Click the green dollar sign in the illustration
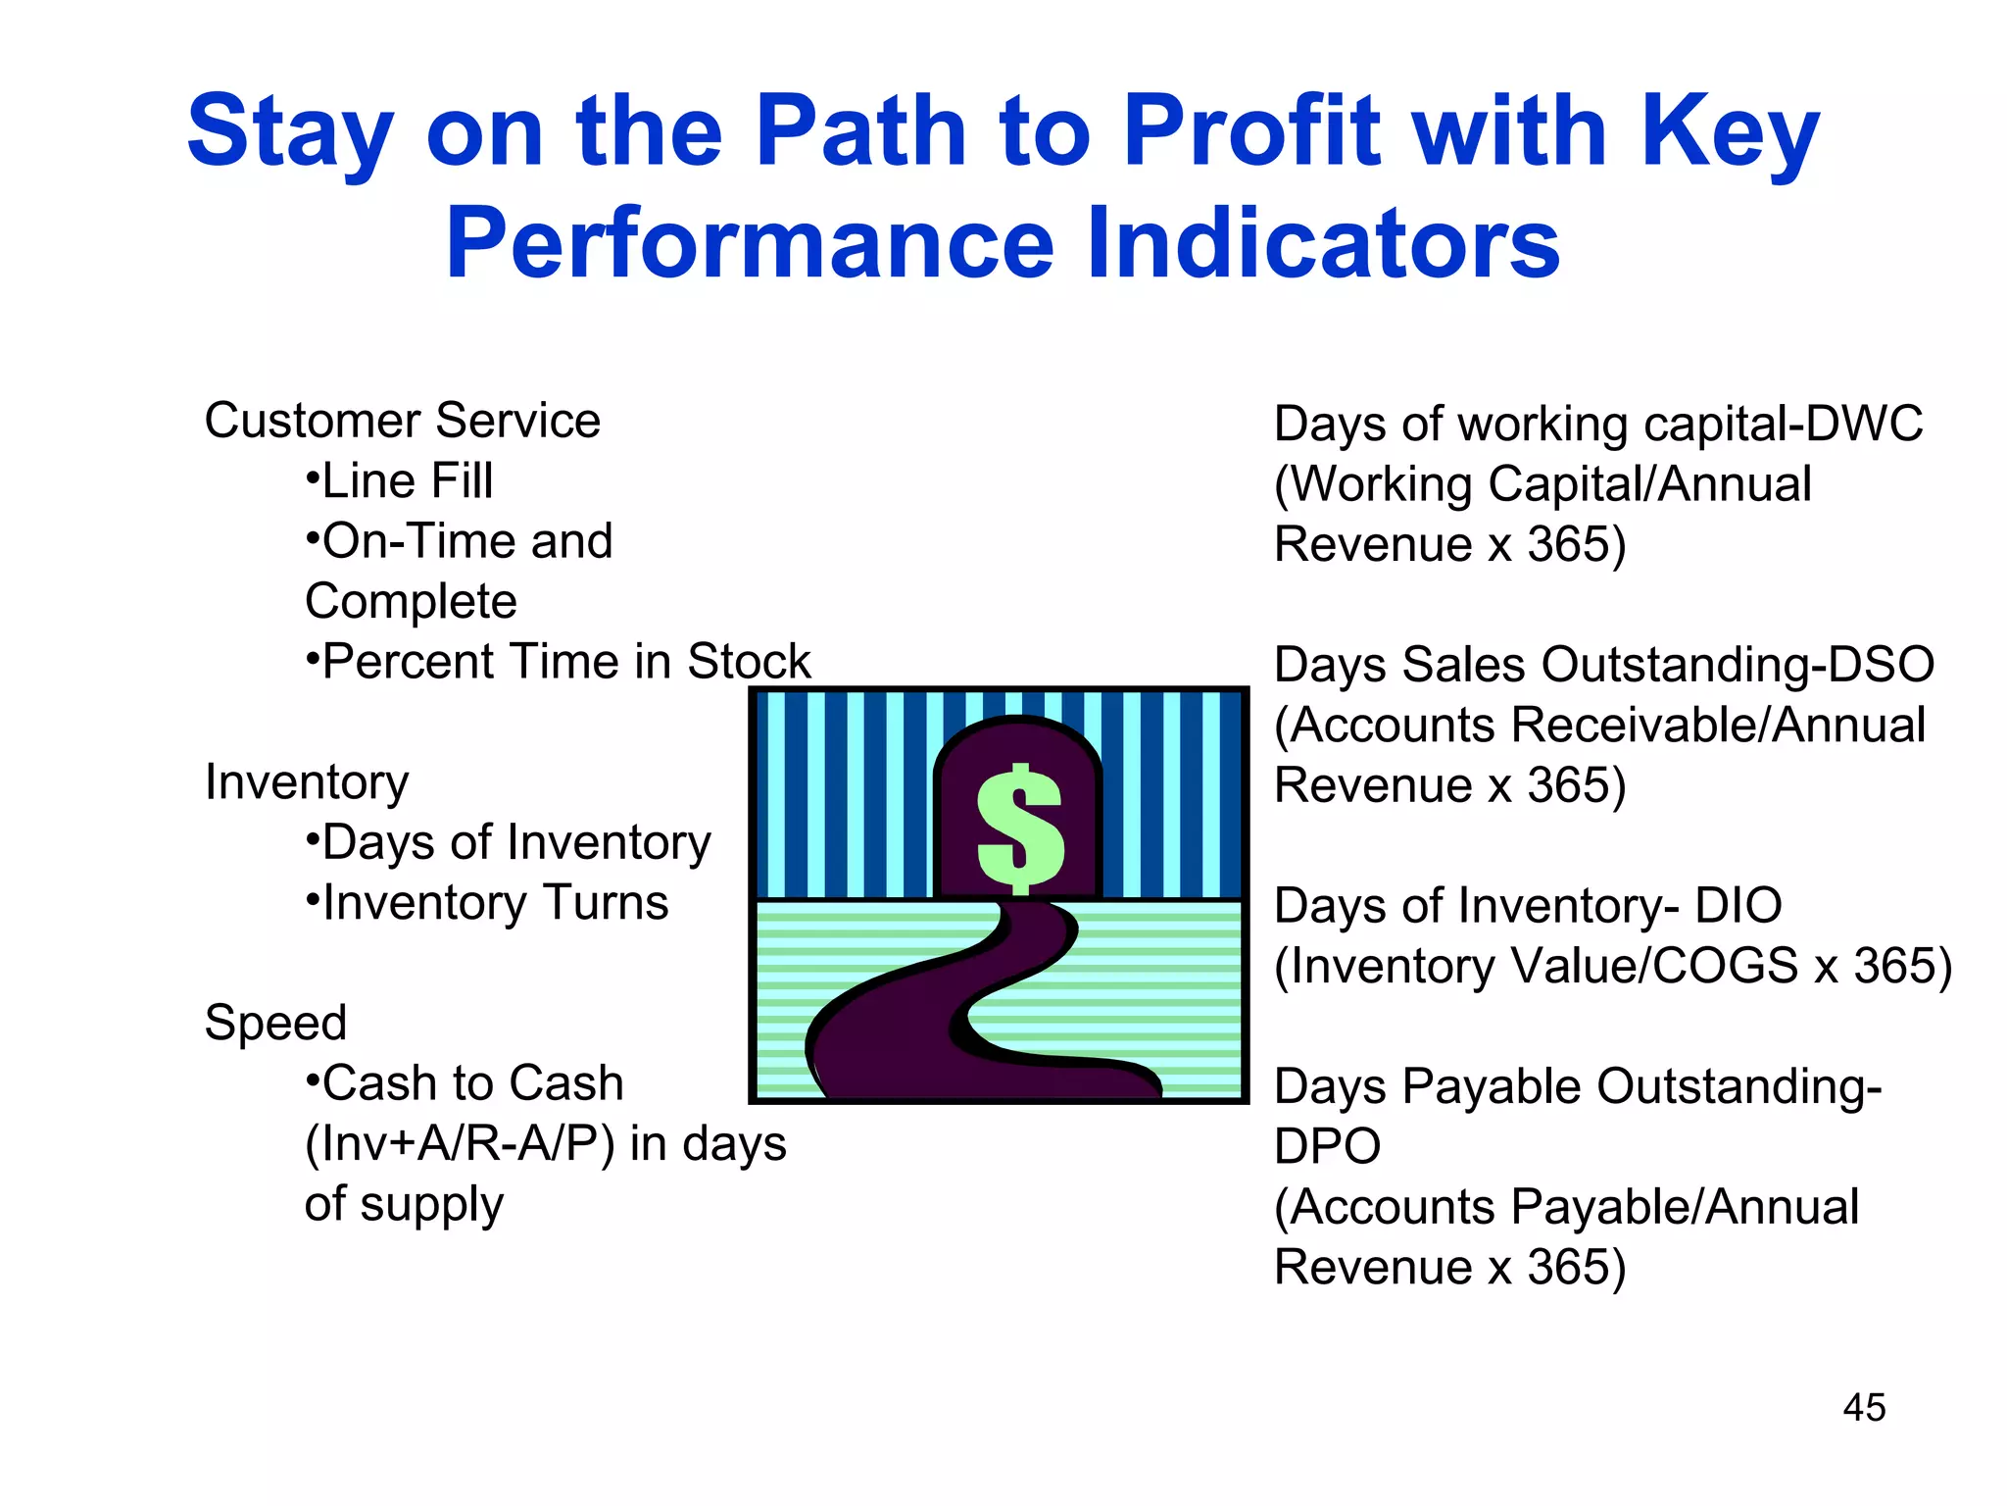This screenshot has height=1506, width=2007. click(1020, 828)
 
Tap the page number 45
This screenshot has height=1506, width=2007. click(1863, 1408)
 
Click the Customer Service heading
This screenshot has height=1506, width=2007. click(402, 422)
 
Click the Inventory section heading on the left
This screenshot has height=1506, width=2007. click(307, 782)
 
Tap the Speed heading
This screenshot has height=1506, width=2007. click(275, 1024)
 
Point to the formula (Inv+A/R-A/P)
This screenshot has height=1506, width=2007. click(460, 1144)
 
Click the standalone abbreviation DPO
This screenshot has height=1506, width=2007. click(1327, 1146)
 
